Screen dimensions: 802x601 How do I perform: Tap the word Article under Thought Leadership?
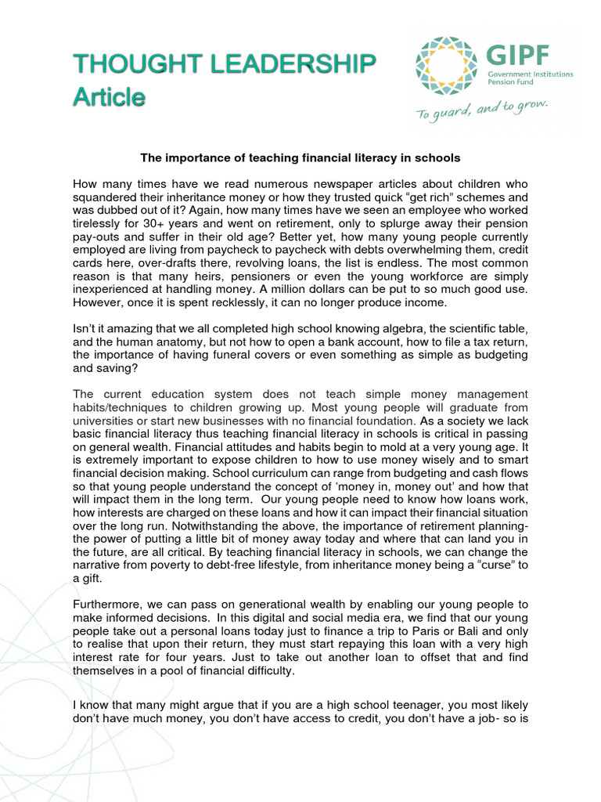(109, 98)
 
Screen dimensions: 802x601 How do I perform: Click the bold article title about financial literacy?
(300, 157)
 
